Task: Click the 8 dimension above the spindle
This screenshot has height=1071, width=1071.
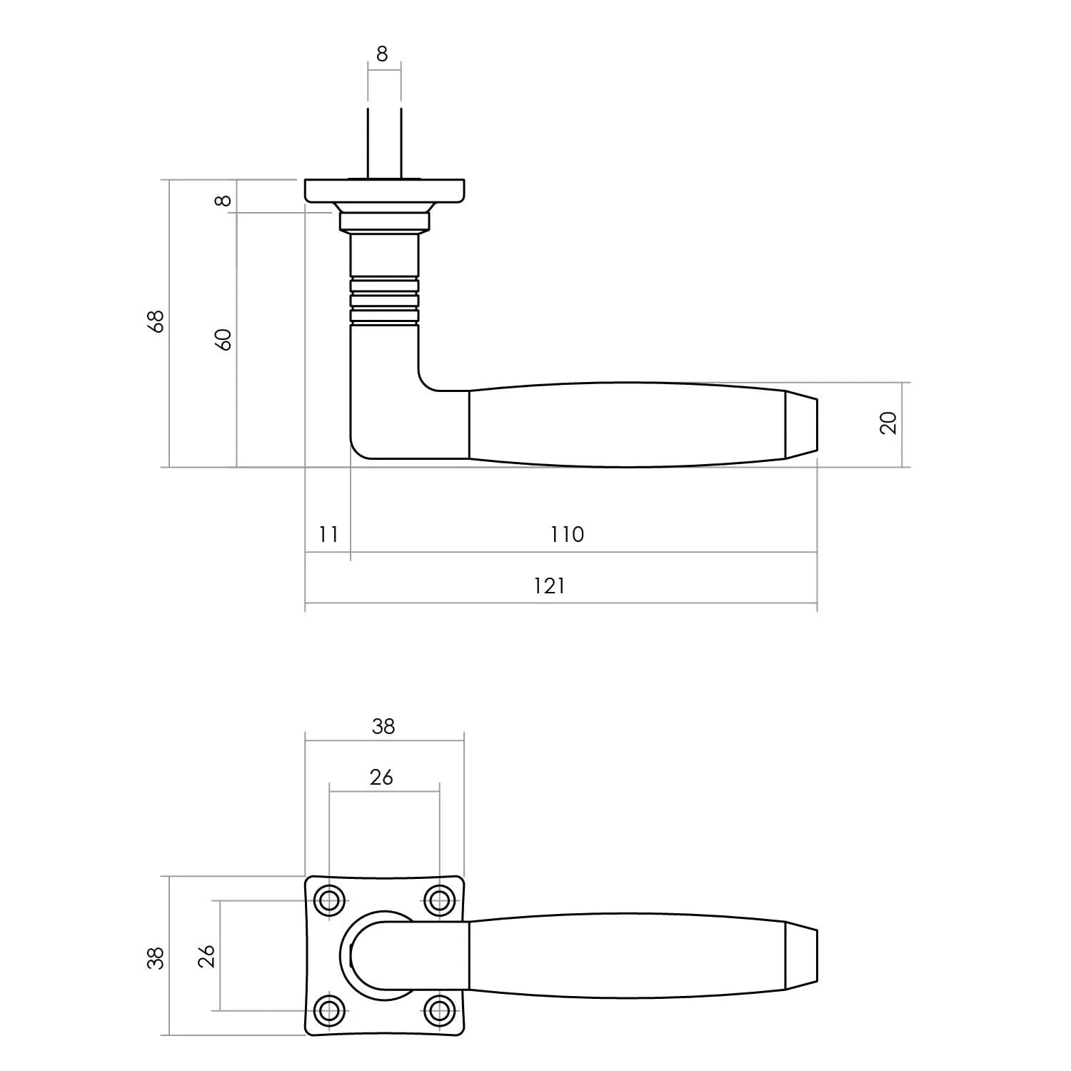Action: tap(382, 54)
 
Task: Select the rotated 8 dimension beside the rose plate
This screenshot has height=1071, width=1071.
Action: tap(224, 200)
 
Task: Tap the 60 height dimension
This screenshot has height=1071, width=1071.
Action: tap(224, 339)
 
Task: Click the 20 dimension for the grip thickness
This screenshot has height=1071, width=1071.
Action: tap(889, 423)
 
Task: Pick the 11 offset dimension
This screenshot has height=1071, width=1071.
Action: tap(328, 534)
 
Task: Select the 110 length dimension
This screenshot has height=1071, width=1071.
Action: tap(567, 534)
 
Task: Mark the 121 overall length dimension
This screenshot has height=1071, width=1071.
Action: tap(549, 586)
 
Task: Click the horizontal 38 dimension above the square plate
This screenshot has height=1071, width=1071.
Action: tap(383, 726)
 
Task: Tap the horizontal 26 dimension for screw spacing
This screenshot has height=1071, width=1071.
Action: tap(381, 777)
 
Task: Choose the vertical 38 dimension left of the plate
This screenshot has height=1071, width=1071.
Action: tap(156, 957)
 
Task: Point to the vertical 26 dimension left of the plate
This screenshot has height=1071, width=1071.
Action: tap(206, 955)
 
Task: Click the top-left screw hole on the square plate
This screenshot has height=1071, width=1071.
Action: tap(329, 901)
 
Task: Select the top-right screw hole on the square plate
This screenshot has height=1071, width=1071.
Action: tap(439, 901)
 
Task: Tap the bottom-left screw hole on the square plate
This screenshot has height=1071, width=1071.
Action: tap(329, 1010)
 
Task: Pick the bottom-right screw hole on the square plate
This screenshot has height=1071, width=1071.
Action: tap(439, 1010)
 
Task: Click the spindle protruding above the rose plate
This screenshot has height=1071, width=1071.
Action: tap(384, 143)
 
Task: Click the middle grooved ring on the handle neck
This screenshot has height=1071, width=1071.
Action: tap(384, 301)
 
